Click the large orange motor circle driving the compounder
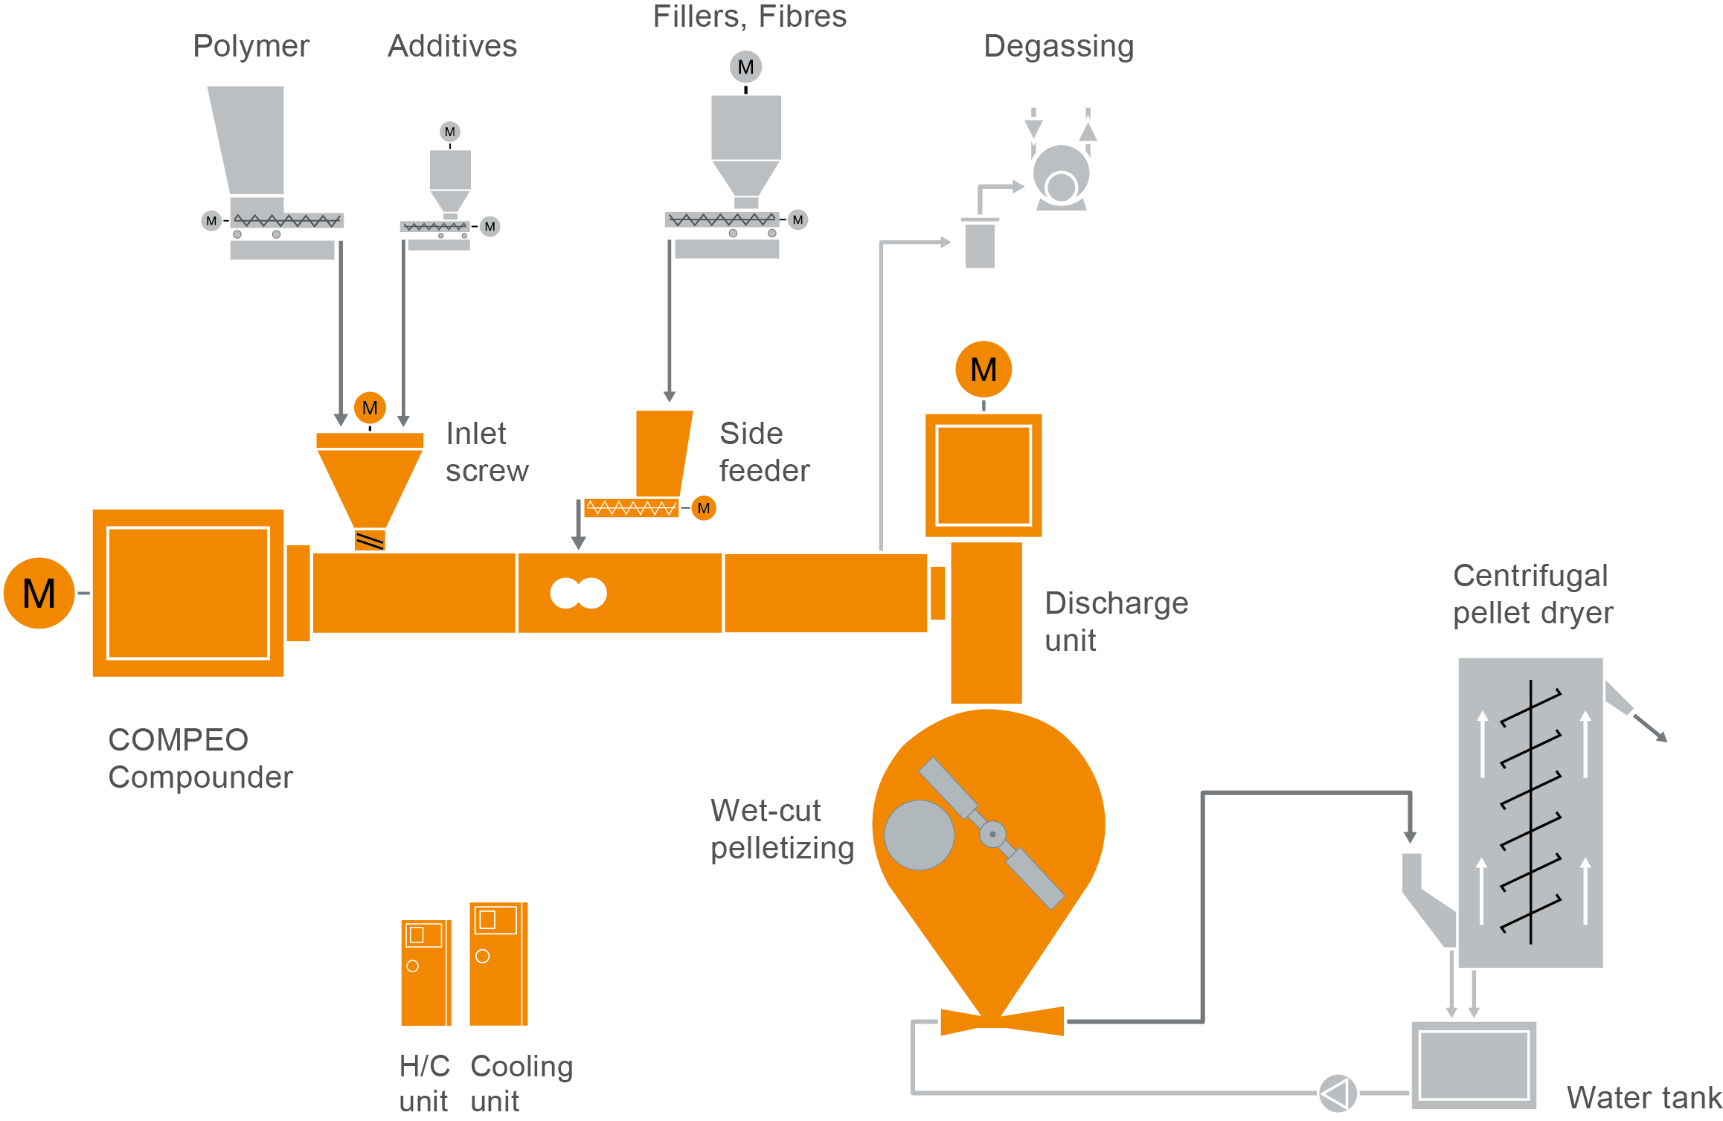click(39, 593)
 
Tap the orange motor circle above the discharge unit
click(984, 370)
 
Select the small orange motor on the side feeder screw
click(704, 508)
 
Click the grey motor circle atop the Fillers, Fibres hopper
click(745, 67)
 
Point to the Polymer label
click(251, 46)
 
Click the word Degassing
click(1058, 46)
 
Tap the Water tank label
click(1643, 1097)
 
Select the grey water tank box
click(1474, 1064)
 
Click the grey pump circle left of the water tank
click(1338, 1093)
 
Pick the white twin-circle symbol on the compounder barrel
click(578, 593)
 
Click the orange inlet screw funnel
click(370, 484)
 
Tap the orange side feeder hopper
click(662, 452)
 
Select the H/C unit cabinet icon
click(426, 972)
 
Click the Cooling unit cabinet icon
click(498, 963)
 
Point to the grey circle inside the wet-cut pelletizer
click(919, 835)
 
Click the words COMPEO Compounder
click(200, 758)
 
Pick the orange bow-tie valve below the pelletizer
click(1002, 1021)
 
